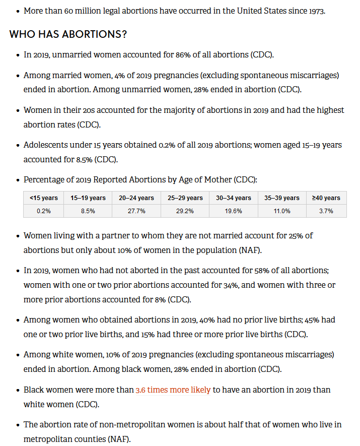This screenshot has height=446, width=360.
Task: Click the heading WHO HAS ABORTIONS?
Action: coord(68,34)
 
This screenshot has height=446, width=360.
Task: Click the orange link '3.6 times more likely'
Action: coord(173,390)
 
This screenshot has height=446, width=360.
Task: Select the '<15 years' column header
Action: coord(43,198)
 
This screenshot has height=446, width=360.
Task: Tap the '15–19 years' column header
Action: coord(88,198)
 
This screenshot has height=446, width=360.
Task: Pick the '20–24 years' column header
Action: coord(136,198)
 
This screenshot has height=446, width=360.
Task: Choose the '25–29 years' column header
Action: coord(185,198)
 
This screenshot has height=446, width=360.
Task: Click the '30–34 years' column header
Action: coord(234,198)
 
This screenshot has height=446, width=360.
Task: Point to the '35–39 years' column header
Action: coord(282,198)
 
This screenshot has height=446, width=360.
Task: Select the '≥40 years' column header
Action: coord(326,198)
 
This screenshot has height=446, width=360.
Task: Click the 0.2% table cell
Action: coord(43,211)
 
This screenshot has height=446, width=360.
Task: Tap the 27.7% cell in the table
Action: coord(136,211)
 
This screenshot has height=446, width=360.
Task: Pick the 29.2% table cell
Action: coord(185,211)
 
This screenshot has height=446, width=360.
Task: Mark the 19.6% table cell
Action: coord(234,211)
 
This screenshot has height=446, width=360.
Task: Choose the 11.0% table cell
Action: coord(282,211)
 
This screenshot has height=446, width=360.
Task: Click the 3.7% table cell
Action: coord(326,211)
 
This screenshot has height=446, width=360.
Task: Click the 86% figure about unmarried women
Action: coord(183,54)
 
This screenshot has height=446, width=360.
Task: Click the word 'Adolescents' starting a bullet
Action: coord(45,145)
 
